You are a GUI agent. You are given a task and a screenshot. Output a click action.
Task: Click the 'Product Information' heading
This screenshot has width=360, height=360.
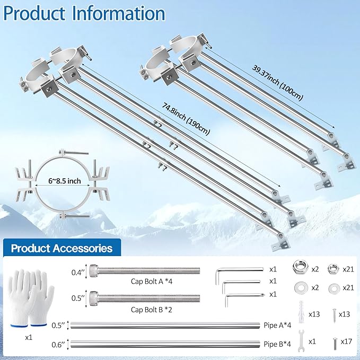[84, 13]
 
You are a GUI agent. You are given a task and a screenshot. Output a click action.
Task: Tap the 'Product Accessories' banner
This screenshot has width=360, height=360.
[62, 248]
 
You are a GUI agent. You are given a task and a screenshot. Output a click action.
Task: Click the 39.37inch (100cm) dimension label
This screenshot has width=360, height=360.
[278, 83]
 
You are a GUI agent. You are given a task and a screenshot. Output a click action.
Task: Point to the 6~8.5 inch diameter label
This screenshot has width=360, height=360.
[65, 181]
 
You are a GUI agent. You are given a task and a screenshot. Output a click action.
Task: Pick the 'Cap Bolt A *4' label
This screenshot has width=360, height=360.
[152, 281]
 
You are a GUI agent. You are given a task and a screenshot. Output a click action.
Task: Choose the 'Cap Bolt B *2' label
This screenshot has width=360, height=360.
[151, 310]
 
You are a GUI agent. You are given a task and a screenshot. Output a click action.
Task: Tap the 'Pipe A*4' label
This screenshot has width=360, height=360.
[277, 326]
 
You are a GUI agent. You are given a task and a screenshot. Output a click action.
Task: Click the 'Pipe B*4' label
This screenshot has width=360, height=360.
[277, 344]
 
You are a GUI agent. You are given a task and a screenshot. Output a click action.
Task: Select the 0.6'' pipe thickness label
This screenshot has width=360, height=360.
[58, 345]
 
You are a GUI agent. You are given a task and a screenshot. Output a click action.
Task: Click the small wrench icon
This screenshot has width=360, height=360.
[301, 341]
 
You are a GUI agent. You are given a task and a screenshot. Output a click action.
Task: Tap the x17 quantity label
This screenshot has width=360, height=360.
[346, 341]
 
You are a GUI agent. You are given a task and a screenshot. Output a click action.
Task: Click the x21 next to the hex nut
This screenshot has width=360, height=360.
[348, 269]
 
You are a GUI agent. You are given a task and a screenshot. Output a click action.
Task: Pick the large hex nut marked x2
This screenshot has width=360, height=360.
[301, 267]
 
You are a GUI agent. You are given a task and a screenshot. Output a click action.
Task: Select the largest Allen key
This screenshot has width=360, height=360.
[239, 274]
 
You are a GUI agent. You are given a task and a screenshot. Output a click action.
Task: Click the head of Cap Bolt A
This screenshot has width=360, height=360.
[93, 270]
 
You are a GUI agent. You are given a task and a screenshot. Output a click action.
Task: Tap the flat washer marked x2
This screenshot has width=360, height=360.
[301, 288]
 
